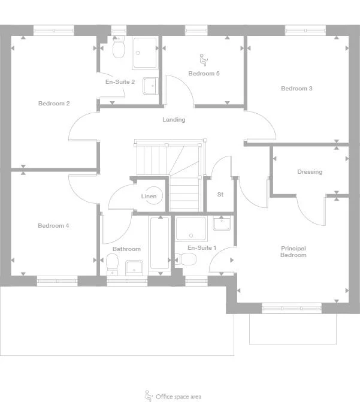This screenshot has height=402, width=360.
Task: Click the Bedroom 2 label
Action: click(x=54, y=104)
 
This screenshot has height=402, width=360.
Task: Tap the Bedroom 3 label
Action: click(x=297, y=89)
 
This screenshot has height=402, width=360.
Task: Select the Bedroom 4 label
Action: click(x=53, y=226)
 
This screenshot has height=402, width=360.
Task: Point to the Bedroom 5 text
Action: click(x=204, y=74)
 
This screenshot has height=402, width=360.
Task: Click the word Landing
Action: click(x=174, y=120)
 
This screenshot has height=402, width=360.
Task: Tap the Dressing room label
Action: click(x=310, y=172)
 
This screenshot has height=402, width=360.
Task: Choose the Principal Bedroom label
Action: click(x=294, y=252)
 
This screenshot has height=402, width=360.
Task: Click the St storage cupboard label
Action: click(x=220, y=195)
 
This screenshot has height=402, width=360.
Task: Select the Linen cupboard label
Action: click(x=149, y=197)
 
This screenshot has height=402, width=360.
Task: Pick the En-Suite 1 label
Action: click(x=202, y=248)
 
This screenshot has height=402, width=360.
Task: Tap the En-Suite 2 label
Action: click(x=120, y=81)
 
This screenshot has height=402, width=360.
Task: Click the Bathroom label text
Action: click(x=126, y=249)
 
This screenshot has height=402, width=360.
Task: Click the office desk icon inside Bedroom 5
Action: click(x=203, y=59)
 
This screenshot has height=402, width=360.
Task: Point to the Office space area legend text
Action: click(x=179, y=397)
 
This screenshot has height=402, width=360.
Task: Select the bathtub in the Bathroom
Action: click(x=159, y=243)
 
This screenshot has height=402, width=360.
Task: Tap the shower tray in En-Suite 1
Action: click(x=191, y=228)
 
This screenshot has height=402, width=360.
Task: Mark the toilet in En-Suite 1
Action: click(x=187, y=259)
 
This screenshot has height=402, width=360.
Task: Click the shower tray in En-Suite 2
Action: click(x=145, y=53)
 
